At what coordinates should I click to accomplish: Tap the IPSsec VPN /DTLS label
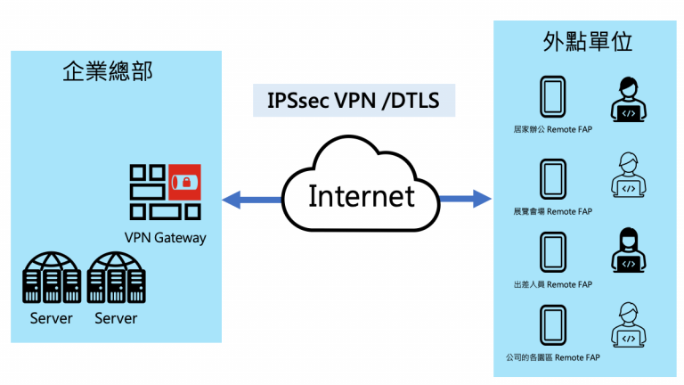pos(354,99)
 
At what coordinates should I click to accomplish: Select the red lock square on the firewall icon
pos(184,181)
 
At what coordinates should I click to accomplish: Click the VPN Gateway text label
pos(166,238)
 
